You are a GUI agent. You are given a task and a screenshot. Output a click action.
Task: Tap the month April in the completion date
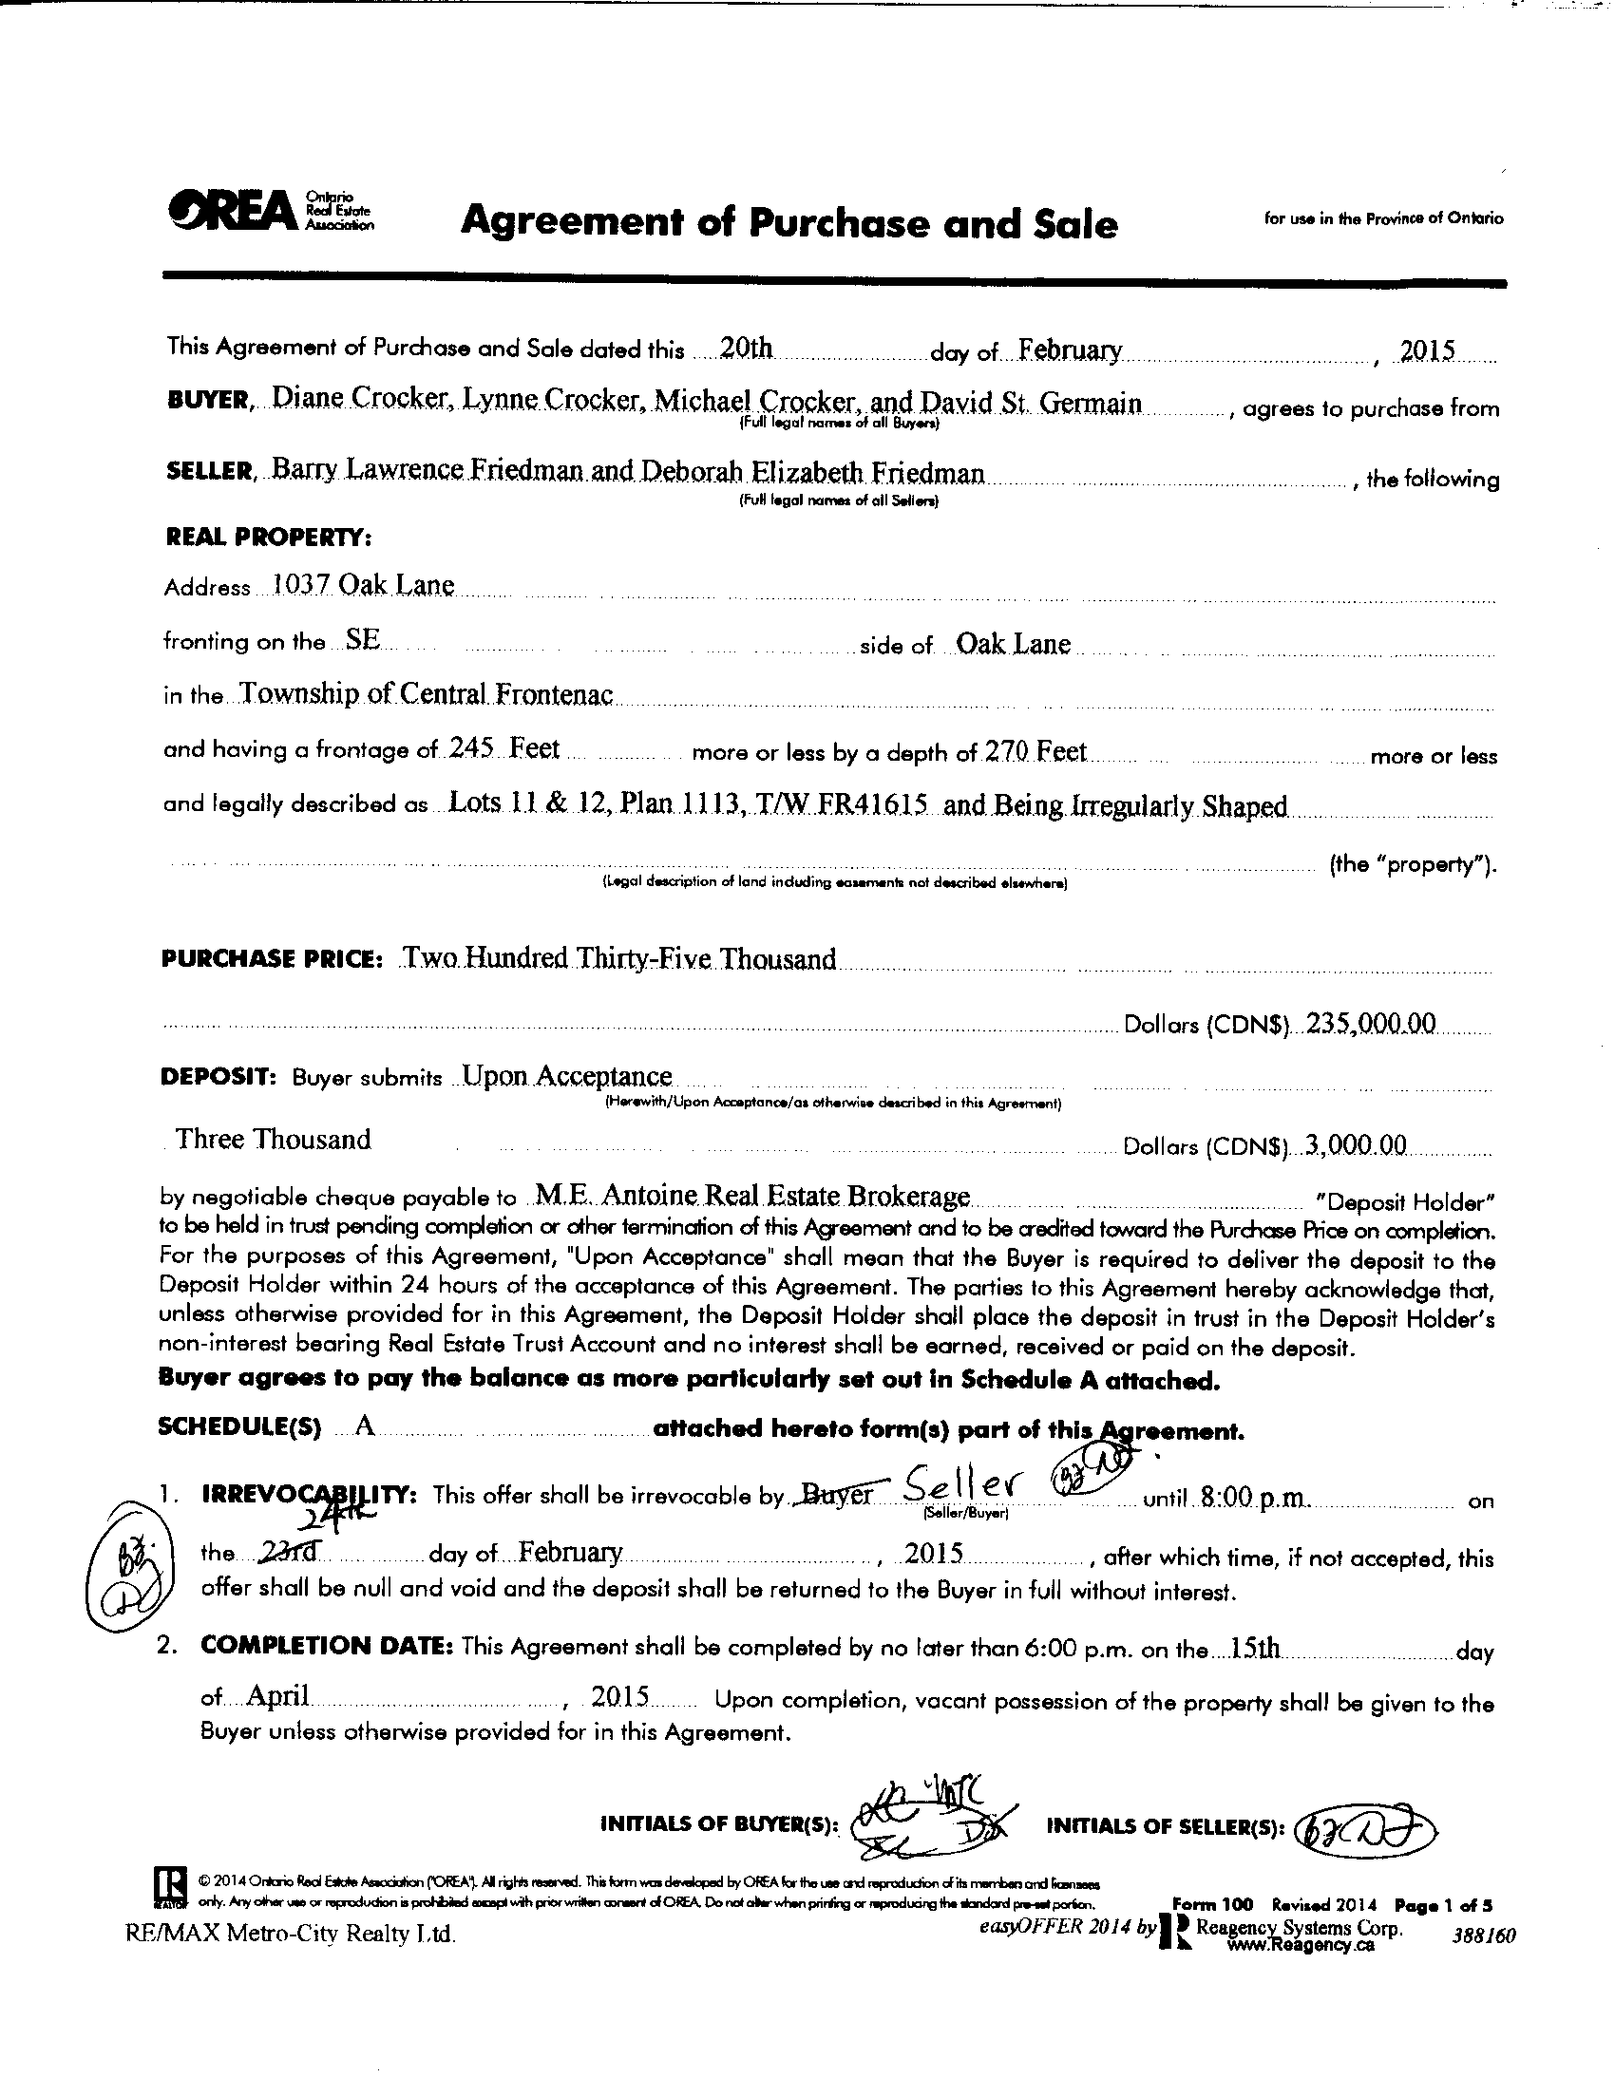pyautogui.click(x=277, y=1695)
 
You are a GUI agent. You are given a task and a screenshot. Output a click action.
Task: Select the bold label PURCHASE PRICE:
pyautogui.click(x=272, y=958)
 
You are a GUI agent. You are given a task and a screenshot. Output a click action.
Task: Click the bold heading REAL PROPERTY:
pyautogui.click(x=268, y=538)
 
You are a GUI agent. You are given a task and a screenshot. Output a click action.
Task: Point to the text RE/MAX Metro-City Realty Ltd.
pyautogui.click(x=290, y=1934)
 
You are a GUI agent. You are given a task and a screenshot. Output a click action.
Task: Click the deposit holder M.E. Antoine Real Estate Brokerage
pyautogui.click(x=752, y=1196)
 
